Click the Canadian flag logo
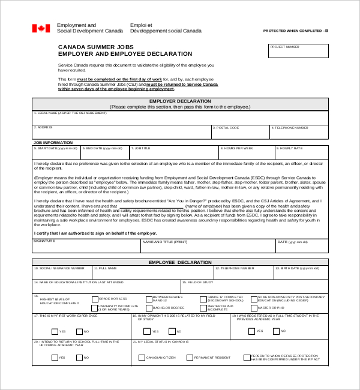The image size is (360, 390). click(41, 28)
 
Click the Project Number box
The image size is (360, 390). click(298, 51)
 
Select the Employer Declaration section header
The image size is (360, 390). click(180, 101)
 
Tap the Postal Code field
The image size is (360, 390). click(240, 132)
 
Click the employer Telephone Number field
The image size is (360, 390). click(299, 132)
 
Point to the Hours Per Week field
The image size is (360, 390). click(246, 152)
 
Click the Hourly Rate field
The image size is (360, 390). click(301, 152)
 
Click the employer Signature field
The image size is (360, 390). click(86, 246)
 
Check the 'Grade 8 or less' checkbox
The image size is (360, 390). click(94, 298)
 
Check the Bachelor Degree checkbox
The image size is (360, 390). click(148, 308)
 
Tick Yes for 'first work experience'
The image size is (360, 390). click(55, 331)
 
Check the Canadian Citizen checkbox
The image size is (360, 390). click(142, 358)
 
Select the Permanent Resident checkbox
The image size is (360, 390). click(190, 358)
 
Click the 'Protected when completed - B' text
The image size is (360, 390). click(296, 30)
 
